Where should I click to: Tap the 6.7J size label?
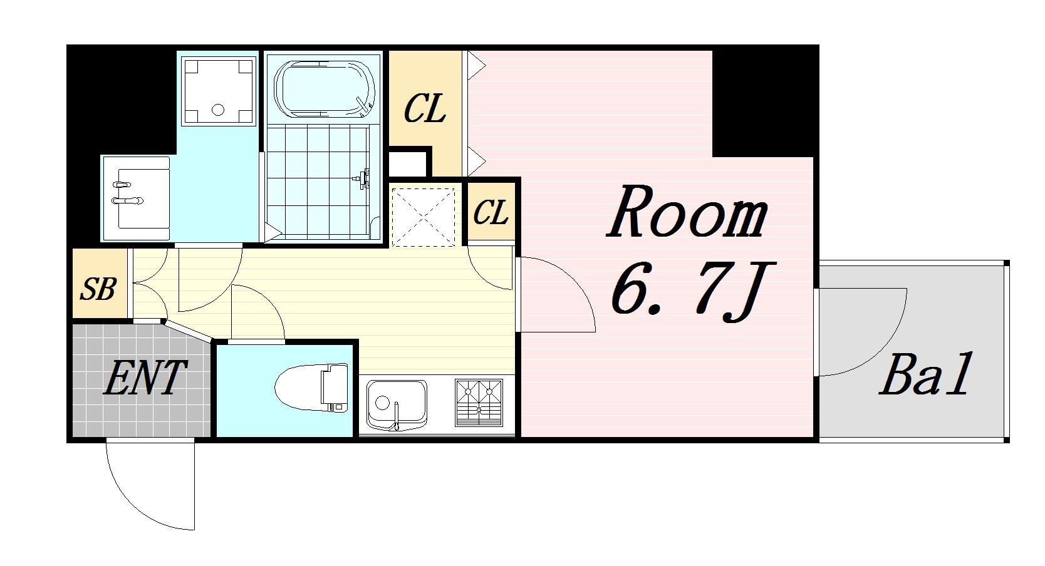(x=693, y=291)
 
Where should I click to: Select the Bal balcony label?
(x=926, y=374)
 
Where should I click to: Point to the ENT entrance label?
(x=145, y=377)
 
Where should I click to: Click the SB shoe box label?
(x=98, y=289)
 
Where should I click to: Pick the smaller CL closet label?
(x=491, y=213)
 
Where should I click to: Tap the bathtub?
(x=325, y=88)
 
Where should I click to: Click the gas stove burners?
(x=479, y=403)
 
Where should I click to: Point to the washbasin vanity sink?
(x=136, y=198)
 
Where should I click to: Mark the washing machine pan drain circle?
(x=218, y=110)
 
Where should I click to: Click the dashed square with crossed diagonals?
(x=423, y=217)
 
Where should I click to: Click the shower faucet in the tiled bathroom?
(x=362, y=178)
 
